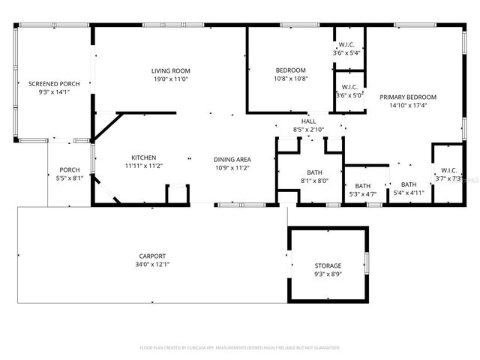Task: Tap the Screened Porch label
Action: (49, 84)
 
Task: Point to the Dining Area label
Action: (232, 159)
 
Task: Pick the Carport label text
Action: (151, 256)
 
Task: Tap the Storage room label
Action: (327, 265)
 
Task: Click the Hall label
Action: (308, 121)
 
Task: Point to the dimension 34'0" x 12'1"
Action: (151, 264)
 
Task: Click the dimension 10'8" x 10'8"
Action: (290, 79)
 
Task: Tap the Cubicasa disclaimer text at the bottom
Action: (240, 348)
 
